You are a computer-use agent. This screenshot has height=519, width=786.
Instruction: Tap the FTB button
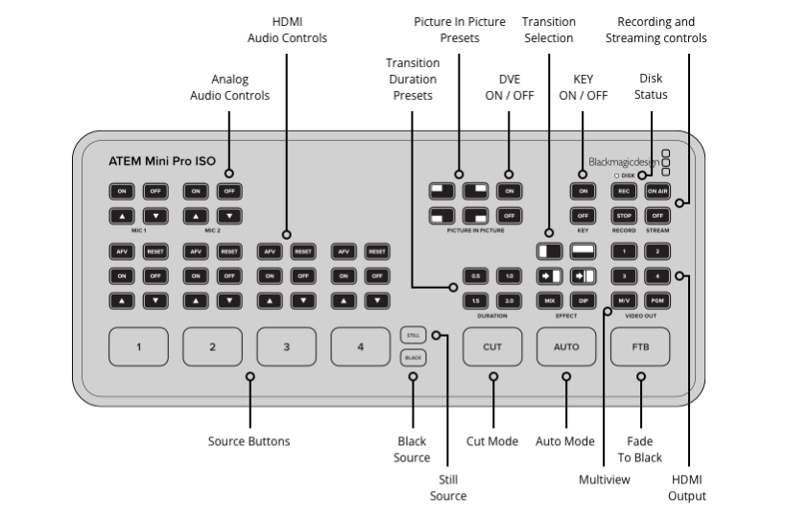640,346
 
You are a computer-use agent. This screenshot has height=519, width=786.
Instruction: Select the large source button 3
286,346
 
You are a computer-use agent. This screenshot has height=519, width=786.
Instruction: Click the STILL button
413,335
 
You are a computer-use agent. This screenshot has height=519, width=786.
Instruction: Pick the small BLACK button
413,358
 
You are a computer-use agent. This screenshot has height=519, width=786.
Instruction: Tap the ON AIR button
656,190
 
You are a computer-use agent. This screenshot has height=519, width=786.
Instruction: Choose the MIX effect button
550,300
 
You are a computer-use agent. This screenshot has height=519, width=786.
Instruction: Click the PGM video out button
656,300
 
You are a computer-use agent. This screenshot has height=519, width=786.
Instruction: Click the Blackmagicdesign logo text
624,162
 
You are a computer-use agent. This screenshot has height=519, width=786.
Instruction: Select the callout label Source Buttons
249,441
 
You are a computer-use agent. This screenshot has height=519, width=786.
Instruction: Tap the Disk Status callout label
652,86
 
